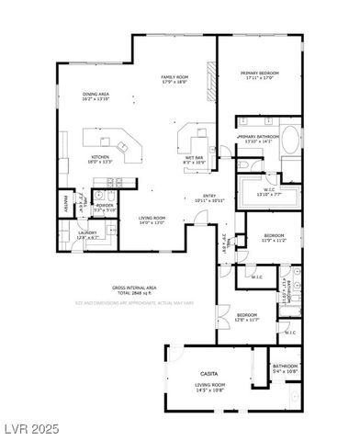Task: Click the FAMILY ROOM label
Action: (174, 77)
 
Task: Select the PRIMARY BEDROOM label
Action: (260, 73)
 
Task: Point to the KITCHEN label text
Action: (101, 157)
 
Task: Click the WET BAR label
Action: (194, 157)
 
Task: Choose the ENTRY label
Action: (210, 196)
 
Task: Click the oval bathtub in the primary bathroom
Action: (289, 141)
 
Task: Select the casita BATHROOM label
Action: (286, 366)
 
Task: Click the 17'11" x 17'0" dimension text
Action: (260, 80)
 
